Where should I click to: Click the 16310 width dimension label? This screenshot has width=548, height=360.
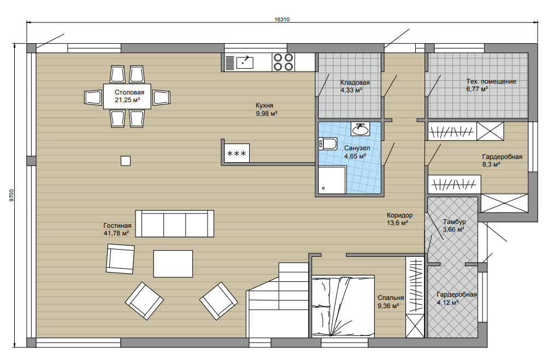click(282, 20)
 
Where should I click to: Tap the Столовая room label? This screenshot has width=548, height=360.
click(129, 92)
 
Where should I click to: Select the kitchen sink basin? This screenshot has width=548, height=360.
click(245, 62)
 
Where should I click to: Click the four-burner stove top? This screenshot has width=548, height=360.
click(283, 62)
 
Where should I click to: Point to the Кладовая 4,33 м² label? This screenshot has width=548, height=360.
click(355, 86)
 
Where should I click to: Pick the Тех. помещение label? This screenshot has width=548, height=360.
click(491, 81)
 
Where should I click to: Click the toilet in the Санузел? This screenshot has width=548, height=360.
click(327, 144)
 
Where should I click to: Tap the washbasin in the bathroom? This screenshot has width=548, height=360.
click(360, 129)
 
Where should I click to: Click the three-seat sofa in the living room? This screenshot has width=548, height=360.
click(174, 223)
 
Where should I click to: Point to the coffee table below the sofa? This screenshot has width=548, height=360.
click(173, 263)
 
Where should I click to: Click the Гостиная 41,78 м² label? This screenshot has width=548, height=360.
click(117, 229)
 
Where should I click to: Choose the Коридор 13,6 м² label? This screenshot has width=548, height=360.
click(399, 219)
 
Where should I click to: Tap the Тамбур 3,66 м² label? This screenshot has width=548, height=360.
click(453, 226)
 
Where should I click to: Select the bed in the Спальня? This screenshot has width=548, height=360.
click(343, 306)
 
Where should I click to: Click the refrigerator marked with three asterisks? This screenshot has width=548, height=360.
click(237, 153)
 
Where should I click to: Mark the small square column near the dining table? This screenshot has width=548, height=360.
click(126, 161)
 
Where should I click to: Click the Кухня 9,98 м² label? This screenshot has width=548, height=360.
click(266, 109)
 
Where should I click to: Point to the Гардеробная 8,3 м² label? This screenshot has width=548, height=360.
click(502, 161)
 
